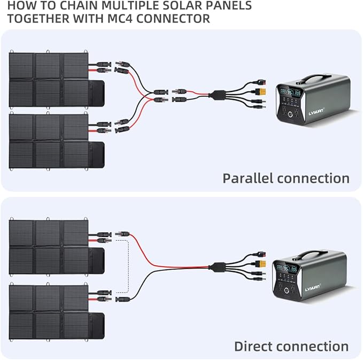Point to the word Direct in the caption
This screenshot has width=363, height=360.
(x=254, y=346)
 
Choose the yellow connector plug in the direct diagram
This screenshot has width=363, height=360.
(x=259, y=266)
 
